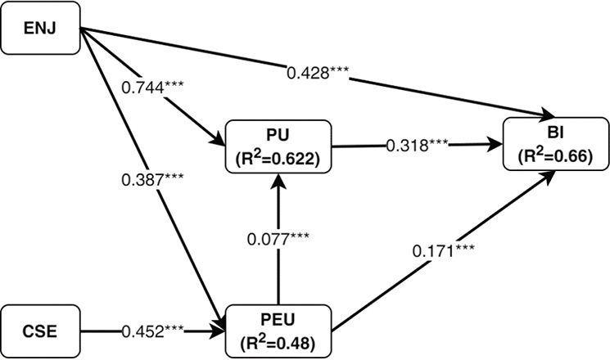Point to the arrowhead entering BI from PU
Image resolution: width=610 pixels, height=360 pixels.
(495, 142)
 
